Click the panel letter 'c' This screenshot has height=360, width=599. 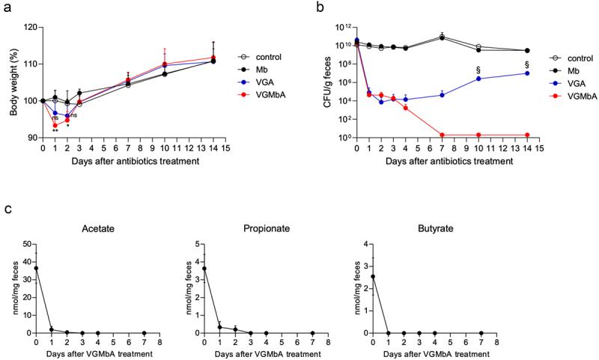(7, 208)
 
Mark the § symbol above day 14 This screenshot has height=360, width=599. (528, 64)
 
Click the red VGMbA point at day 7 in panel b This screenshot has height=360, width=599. (443, 135)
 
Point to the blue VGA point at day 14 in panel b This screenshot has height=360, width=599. (528, 73)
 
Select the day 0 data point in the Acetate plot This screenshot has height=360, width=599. (36, 268)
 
